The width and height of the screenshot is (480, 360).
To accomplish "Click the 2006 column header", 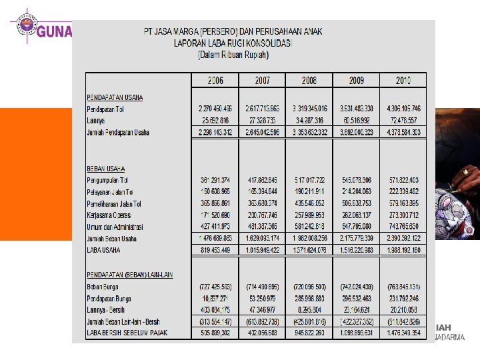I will (215, 80).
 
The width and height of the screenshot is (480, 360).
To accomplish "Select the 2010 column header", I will (403, 80).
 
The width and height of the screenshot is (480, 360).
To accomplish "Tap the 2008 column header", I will (309, 80).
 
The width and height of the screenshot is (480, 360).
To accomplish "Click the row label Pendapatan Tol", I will (105, 109).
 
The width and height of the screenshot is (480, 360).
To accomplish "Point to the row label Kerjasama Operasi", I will (108, 215).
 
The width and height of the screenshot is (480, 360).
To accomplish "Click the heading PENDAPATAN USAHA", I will (115, 97).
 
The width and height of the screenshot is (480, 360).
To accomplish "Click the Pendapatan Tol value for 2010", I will (402, 109).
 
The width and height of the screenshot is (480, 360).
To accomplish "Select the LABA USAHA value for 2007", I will (262, 249).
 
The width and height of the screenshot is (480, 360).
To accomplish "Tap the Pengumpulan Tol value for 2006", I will (215, 181).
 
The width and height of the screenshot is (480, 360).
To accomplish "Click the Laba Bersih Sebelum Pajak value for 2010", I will (402, 332).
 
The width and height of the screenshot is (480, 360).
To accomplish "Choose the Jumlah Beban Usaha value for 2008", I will (309, 238).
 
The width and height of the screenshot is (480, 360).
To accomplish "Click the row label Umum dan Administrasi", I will (113, 227).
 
